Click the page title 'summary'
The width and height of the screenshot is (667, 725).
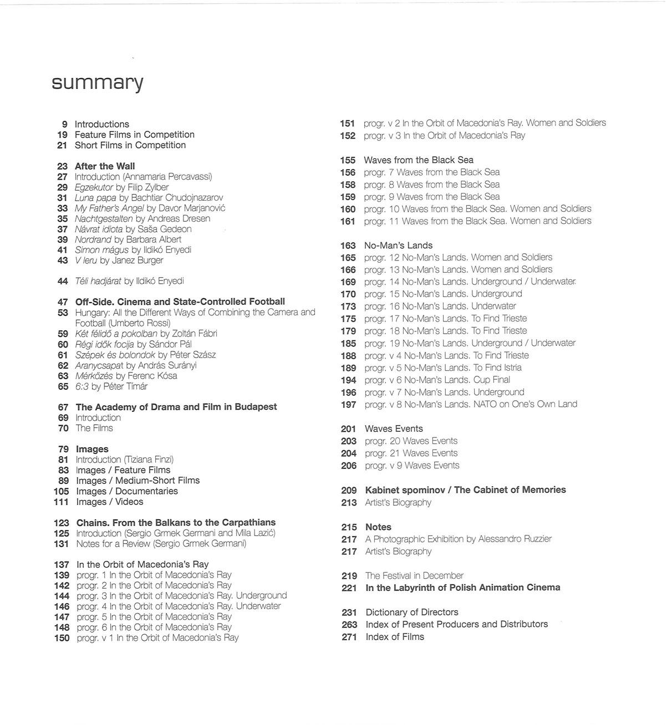click(98, 83)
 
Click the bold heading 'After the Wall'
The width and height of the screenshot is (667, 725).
click(105, 166)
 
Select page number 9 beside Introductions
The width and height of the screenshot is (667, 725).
click(65, 124)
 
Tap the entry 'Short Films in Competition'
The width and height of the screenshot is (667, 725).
click(130, 145)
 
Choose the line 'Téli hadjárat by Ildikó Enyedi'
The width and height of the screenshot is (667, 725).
click(129, 281)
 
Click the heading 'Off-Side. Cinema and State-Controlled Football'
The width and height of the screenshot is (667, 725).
click(180, 302)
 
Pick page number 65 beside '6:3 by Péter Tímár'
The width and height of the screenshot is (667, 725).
click(63, 386)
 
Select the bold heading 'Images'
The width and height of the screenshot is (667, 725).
click(92, 449)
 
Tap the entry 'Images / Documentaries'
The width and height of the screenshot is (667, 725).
click(127, 491)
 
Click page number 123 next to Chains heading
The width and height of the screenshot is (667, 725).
click(62, 523)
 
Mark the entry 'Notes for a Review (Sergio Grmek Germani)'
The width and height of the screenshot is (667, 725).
click(161, 544)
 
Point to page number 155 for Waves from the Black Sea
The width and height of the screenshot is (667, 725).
click(348, 160)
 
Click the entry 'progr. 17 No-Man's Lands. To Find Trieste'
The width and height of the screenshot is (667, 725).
click(445, 319)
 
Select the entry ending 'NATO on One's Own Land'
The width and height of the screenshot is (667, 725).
click(471, 404)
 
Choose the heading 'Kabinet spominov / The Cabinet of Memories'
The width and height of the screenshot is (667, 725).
click(465, 490)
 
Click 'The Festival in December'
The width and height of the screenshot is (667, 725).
click(414, 576)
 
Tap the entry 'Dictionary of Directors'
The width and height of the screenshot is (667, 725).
click(412, 612)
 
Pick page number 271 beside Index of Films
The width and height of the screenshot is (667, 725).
click(349, 637)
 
